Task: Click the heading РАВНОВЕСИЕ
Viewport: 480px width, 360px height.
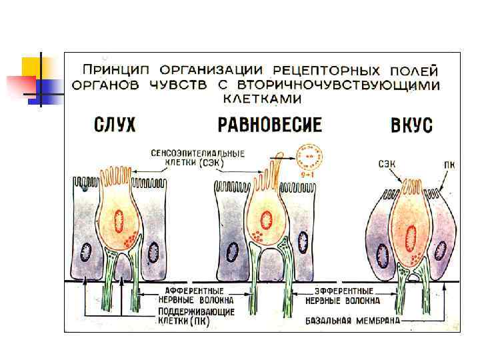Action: (x=269, y=125)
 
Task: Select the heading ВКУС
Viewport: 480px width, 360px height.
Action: (x=414, y=125)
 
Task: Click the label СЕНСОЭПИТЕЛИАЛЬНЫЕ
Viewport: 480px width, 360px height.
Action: (x=197, y=153)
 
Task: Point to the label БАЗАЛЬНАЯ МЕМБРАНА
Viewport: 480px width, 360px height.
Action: (x=353, y=320)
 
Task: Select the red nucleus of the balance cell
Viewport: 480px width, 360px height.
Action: (x=266, y=219)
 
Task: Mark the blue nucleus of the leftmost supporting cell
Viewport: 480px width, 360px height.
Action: (x=86, y=252)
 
